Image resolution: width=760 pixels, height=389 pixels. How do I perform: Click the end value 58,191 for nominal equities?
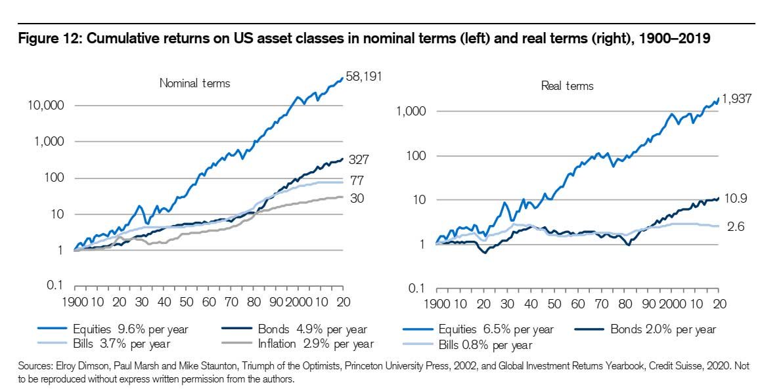point(364,77)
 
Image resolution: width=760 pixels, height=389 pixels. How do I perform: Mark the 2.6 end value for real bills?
point(736,226)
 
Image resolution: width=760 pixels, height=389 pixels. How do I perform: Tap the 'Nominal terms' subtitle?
point(194,83)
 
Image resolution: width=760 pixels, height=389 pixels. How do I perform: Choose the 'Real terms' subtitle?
point(567,86)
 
